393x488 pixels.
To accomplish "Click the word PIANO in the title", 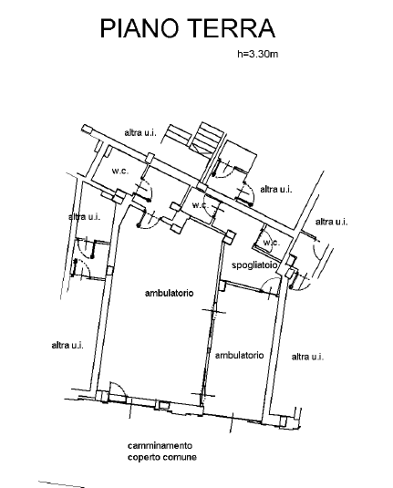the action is pyautogui.click(x=140, y=28).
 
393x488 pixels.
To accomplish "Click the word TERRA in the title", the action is pyautogui.click(x=233, y=28).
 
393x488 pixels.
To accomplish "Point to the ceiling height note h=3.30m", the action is pyautogui.click(x=258, y=54).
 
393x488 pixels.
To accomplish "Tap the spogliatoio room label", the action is pyautogui.click(x=254, y=265).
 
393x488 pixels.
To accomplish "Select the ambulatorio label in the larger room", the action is pyautogui.click(x=170, y=293).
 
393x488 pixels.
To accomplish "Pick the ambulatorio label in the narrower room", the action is pyautogui.click(x=239, y=355).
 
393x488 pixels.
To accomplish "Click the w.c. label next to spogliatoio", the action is pyautogui.click(x=272, y=242).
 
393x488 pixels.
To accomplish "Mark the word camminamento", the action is pyautogui.click(x=160, y=446).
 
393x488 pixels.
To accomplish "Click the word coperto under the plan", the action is pyautogui.click(x=143, y=458).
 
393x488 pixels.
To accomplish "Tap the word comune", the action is pyautogui.click(x=180, y=458).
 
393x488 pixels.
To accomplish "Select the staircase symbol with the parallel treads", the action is pyautogui.click(x=207, y=138).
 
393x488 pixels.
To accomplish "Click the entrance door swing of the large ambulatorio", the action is pyautogui.click(x=119, y=389).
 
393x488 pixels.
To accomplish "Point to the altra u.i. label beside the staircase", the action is pyautogui.click(x=140, y=132).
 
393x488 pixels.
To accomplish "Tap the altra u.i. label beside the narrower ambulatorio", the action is pyautogui.click(x=307, y=357).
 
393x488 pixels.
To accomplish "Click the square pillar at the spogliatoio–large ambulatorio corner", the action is pyautogui.click(x=231, y=237).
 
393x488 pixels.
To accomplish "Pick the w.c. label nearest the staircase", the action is pyautogui.click(x=200, y=205).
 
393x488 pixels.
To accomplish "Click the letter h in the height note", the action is pyautogui.click(x=240, y=54).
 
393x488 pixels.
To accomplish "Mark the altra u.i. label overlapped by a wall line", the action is pyautogui.click(x=84, y=216).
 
